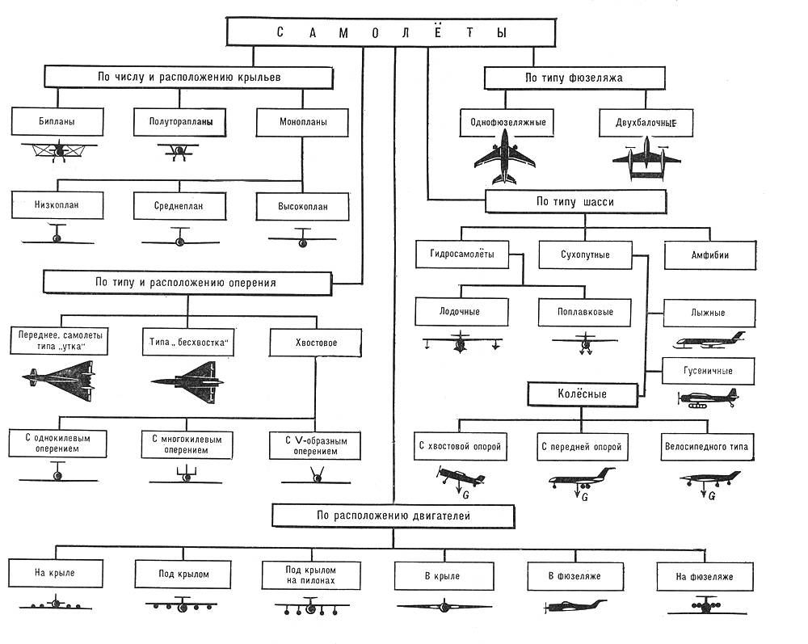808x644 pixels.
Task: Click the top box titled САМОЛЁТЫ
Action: (393, 33)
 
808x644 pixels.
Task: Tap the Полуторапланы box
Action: (180, 123)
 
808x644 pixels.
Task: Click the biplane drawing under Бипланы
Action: (58, 151)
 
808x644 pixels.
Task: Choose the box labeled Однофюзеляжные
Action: (507, 123)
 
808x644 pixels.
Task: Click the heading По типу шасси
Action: (574, 201)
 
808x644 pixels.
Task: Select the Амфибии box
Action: (709, 255)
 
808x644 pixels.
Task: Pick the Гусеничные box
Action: (709, 371)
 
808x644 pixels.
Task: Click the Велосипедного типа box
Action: (706, 446)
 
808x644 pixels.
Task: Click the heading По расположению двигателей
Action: (393, 515)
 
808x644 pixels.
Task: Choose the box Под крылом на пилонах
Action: (309, 575)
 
